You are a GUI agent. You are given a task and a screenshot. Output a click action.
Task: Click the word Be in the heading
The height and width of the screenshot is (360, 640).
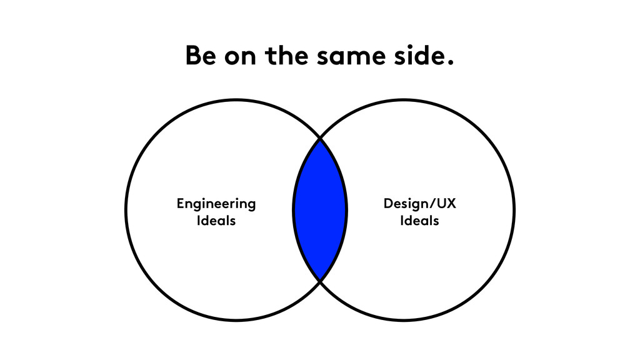(x=200, y=56)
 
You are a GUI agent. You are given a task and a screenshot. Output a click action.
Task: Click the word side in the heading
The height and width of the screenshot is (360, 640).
(x=417, y=56)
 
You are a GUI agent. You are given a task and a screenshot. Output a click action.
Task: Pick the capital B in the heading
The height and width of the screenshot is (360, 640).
(x=193, y=56)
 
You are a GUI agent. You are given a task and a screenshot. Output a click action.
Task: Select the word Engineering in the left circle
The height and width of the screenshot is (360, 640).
(x=216, y=204)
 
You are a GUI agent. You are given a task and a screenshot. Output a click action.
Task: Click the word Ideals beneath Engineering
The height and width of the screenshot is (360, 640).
(x=216, y=221)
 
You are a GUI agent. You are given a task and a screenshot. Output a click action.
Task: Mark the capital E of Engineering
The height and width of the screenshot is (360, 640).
(x=181, y=203)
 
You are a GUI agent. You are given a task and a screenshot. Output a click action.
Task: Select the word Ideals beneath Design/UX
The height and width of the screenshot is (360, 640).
(x=419, y=221)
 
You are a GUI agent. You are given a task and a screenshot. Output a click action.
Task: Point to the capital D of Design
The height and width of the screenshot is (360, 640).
(x=387, y=204)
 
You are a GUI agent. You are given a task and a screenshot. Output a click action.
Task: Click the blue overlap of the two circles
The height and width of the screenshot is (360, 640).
(x=320, y=210)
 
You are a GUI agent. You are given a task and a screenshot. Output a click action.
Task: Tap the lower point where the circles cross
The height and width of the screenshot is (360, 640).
(x=320, y=281)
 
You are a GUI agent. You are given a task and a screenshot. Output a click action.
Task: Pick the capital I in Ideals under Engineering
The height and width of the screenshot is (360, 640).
(x=198, y=221)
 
